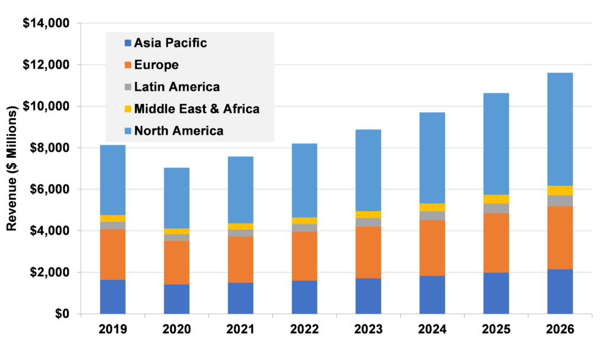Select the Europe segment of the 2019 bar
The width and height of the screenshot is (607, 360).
point(113,254)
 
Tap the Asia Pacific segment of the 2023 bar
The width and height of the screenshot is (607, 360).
point(368,295)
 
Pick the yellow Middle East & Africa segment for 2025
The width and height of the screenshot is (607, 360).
point(496,199)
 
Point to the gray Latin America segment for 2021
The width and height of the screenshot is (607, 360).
point(240,233)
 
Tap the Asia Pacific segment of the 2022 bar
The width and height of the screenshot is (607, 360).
point(304,297)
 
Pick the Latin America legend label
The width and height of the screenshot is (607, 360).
point(177,87)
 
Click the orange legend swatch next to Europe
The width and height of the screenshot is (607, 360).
point(128,65)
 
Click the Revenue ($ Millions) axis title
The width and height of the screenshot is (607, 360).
point(12,168)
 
